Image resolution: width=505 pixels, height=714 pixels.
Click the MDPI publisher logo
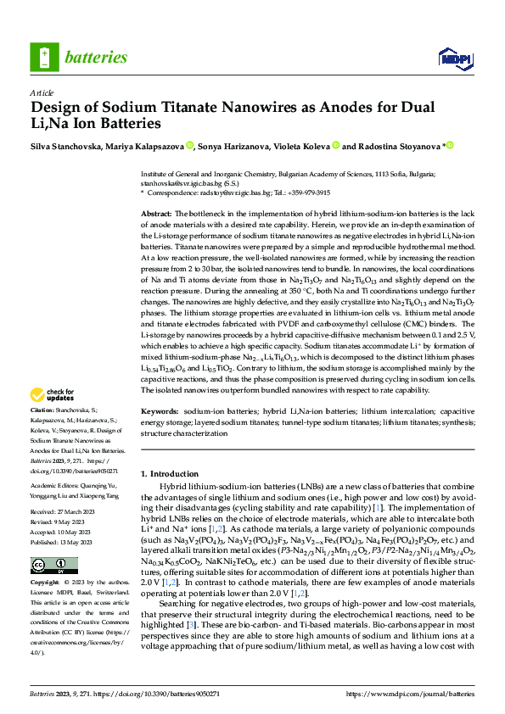(x=454, y=58)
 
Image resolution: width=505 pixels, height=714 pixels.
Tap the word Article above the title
(x=42, y=93)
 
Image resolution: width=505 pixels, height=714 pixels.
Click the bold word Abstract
(x=156, y=215)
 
